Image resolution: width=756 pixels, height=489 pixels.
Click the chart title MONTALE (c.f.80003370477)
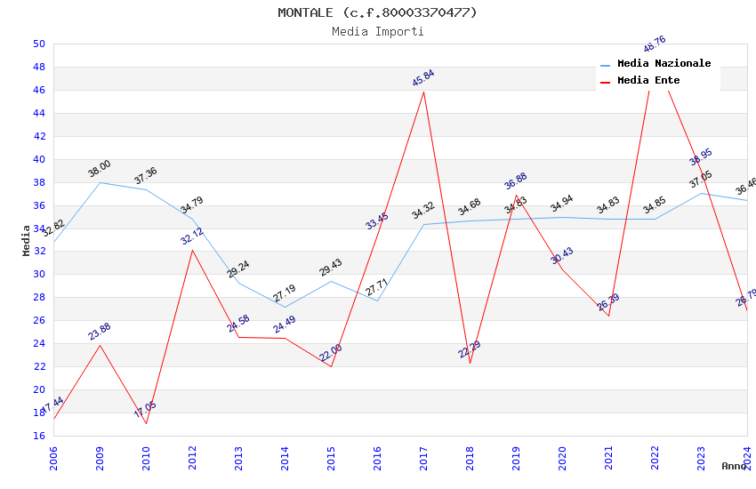377,12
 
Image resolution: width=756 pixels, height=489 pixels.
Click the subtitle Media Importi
377,31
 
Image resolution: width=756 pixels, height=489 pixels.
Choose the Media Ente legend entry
648,81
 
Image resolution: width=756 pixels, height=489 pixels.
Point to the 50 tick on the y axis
39,44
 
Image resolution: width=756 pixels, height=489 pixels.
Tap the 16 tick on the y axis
39,436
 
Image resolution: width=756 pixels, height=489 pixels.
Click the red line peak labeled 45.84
423,92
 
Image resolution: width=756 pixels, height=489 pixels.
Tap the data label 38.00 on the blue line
100,168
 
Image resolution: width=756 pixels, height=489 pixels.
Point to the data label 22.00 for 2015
331,353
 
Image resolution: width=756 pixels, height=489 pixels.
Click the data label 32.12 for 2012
192,236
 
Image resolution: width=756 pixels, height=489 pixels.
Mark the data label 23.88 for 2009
100,332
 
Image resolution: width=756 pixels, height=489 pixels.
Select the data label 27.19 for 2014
285,294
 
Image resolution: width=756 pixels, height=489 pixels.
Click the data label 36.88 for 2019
516,181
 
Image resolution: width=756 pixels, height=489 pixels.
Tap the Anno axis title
734,466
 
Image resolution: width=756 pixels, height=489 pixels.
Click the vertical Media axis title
27,240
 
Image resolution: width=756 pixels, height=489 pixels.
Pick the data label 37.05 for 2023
701,180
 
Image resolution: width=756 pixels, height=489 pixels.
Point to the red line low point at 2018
470,363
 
